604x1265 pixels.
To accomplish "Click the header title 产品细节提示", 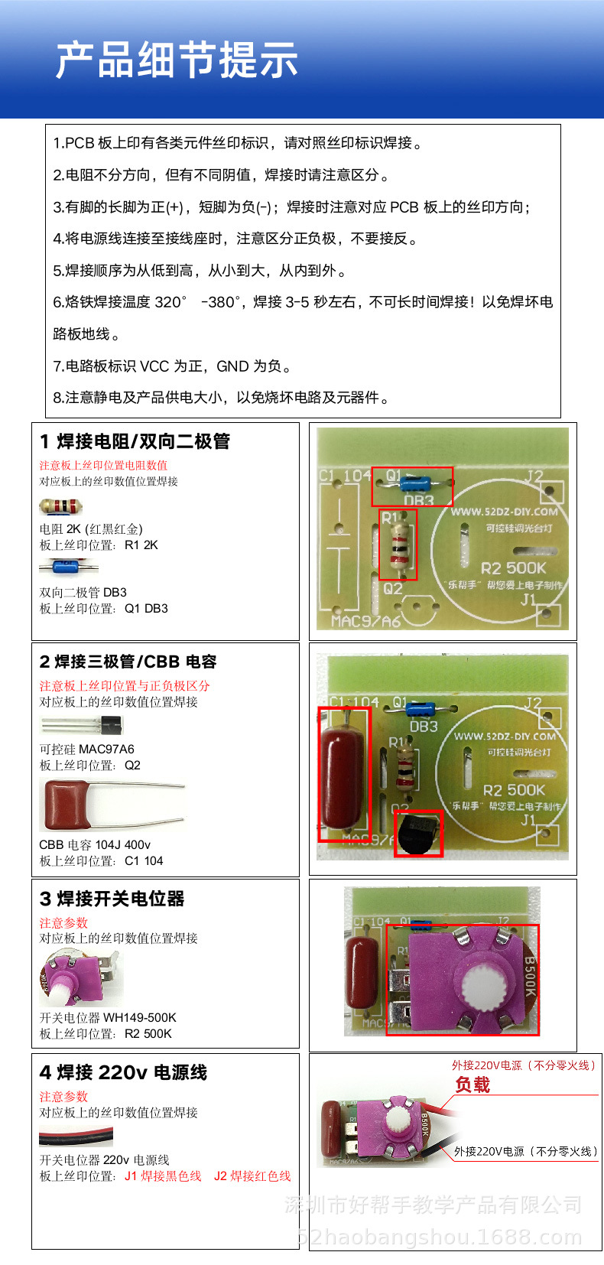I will [177, 61].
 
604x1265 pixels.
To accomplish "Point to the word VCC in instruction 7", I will [154, 366].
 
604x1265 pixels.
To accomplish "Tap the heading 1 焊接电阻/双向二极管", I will [135, 441].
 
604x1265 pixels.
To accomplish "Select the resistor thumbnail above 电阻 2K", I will [60, 506].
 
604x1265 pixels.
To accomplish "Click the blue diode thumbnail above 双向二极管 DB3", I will [68, 567].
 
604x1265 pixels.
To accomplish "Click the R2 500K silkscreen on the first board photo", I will [513, 568].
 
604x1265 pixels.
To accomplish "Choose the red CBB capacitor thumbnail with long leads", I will [112, 805].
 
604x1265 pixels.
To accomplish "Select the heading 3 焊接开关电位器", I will [112, 899].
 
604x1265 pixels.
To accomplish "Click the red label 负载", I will [472, 1085].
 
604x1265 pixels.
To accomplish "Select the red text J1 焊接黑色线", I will [163, 1176].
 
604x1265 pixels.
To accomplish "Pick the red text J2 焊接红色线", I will [252, 1176].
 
